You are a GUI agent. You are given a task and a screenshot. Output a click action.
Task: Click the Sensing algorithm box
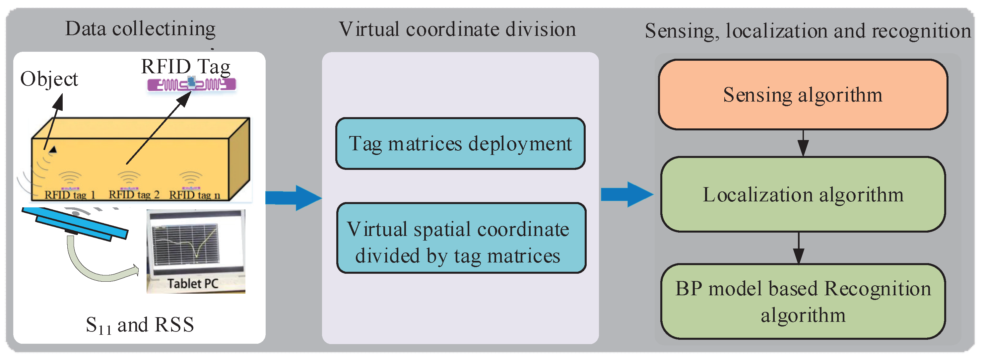(x=803, y=95)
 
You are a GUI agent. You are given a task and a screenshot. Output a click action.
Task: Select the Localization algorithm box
(x=803, y=194)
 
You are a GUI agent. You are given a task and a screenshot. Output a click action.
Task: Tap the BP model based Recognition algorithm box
(x=803, y=301)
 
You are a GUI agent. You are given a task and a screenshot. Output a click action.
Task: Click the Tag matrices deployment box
(x=460, y=144)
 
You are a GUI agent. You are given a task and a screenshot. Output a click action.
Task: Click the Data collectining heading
(x=140, y=29)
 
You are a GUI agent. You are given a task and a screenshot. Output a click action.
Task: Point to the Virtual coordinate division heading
(x=457, y=30)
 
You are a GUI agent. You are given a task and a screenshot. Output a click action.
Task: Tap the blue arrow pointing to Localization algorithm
(x=626, y=194)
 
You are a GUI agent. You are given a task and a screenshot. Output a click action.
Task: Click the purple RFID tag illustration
(x=192, y=84)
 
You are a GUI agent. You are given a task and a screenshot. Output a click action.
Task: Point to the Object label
(x=49, y=79)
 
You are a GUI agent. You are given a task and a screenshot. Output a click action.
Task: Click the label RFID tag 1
(x=69, y=195)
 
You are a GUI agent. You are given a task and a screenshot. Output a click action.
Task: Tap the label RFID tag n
(x=194, y=195)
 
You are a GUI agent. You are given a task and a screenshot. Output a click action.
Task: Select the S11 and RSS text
(x=140, y=325)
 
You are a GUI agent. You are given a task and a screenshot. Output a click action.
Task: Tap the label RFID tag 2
(x=134, y=195)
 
